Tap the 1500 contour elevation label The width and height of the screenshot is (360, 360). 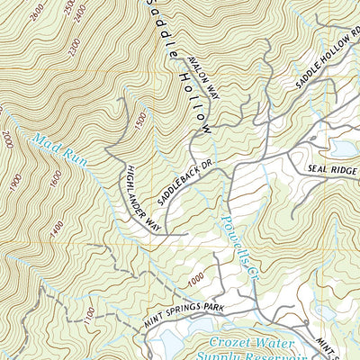point(138,121)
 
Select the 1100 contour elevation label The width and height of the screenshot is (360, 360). point(86,316)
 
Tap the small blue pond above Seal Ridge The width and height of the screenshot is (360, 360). point(345,146)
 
